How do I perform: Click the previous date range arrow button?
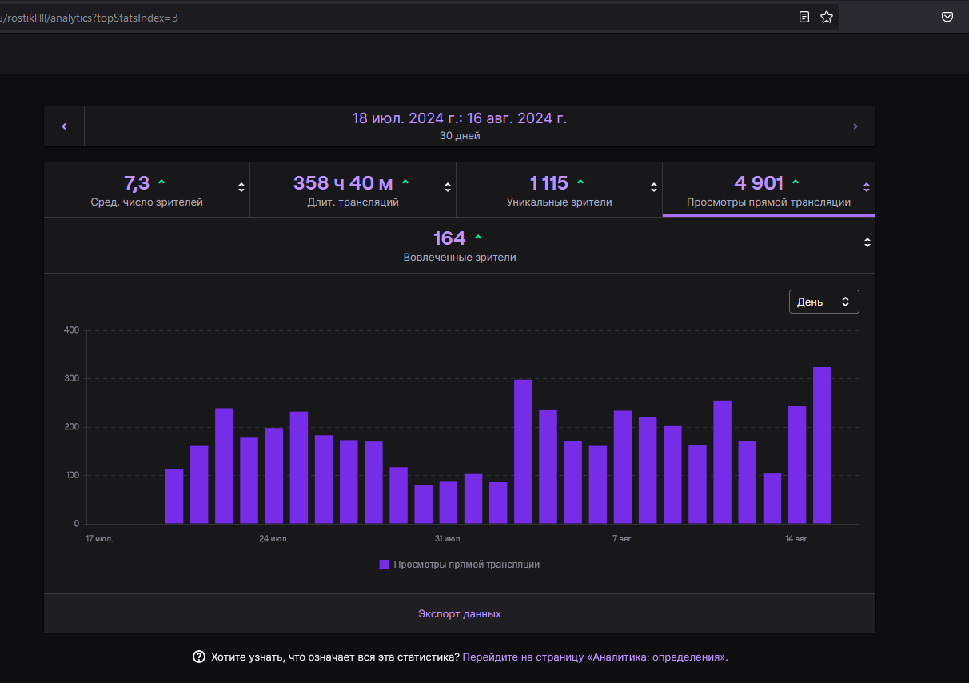64,126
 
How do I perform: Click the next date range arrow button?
855,126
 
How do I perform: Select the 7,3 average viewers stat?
137,183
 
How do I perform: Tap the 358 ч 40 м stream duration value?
343,183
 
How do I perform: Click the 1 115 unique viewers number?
548,183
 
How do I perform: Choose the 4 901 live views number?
759,183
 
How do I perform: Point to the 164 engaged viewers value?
449,238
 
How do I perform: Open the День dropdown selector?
823,302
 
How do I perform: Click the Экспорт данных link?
460,614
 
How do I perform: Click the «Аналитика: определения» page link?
594,657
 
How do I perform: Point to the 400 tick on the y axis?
71,330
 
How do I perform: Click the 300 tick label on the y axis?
71,378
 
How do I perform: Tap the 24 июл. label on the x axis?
273,539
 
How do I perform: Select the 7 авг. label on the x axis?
623,539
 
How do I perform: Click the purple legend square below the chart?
385,565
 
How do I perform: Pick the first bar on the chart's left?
174,496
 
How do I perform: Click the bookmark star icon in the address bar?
827,17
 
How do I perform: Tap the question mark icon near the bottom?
199,657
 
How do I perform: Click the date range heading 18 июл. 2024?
460,118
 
